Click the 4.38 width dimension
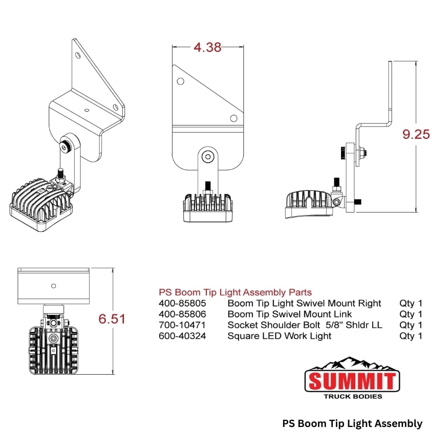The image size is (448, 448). tap(207, 48)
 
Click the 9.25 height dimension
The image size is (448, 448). tap(416, 135)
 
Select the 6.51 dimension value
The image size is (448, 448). tap(112, 319)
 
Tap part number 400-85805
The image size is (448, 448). tap(183, 303)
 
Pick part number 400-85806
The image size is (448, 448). tap(183, 314)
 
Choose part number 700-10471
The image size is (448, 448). tap(182, 325)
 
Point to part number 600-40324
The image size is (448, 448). tap(183, 336)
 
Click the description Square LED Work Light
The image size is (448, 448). tap(279, 336)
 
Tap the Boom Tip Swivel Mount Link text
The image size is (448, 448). tap(290, 314)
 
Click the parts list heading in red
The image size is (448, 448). tap(235, 292)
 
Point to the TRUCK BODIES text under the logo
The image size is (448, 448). tap(353, 396)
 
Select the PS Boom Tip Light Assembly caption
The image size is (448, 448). tap(352, 423)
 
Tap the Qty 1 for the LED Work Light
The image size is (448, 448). tap(411, 336)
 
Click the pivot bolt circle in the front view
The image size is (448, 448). tap(208, 157)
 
